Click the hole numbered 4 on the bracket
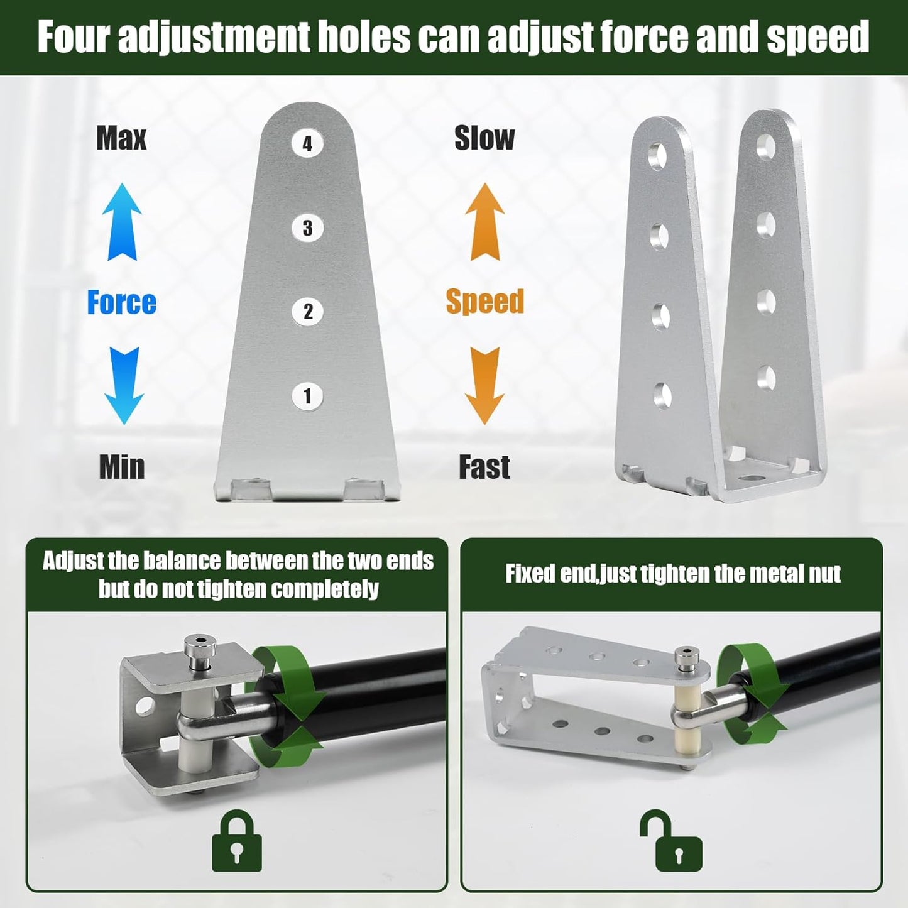[x=307, y=143]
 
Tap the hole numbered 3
[x=307, y=227]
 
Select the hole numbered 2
[x=308, y=311]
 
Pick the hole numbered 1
[x=308, y=395]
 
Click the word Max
[x=121, y=138]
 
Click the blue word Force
[x=121, y=302]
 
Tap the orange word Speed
[x=485, y=302]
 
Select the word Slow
[x=484, y=138]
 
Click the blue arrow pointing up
[x=122, y=222]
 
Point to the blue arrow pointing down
[x=123, y=385]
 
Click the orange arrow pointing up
[x=485, y=222]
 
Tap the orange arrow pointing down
[x=485, y=385]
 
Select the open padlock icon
[x=672, y=840]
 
